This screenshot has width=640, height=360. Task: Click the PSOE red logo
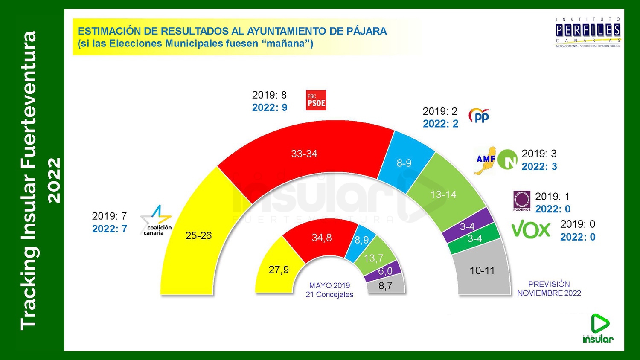coord(316,100)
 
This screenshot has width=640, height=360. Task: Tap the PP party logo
coord(479,116)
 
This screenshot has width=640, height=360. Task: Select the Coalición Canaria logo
coord(156,220)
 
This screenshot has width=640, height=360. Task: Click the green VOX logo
coord(531,230)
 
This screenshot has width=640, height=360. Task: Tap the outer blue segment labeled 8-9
coord(404,163)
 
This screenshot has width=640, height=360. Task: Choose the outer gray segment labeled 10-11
coord(482,270)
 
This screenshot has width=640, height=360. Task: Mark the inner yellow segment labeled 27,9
coord(279,270)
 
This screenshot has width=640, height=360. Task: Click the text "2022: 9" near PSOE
coord(270,107)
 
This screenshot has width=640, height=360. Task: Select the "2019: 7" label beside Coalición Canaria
coord(109,216)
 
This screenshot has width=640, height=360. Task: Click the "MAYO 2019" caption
coord(329,285)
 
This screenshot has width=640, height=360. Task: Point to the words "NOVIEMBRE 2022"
coord(549,293)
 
